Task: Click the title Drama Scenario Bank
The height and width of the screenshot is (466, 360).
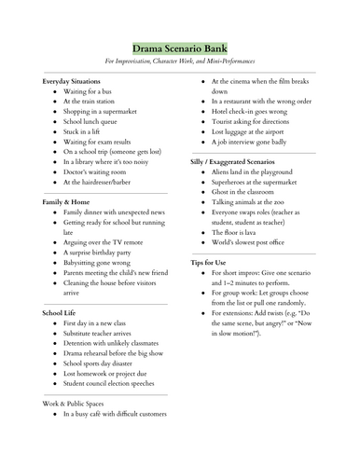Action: tap(179, 48)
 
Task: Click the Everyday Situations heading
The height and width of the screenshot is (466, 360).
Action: tap(76, 83)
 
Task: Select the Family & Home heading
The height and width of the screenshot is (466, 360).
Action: tap(69, 200)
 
